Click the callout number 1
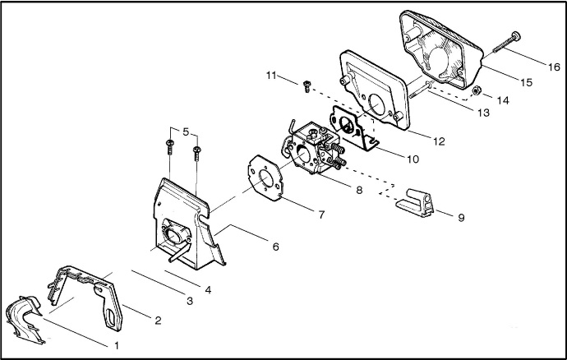point(117,345)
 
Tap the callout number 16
point(554,67)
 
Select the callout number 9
point(461,218)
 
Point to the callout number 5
point(186,132)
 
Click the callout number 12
point(439,141)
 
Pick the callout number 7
point(321,215)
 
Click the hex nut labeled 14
point(477,90)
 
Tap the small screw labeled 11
point(307,86)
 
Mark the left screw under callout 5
point(169,147)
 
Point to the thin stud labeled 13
point(420,90)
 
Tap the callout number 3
point(190,301)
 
